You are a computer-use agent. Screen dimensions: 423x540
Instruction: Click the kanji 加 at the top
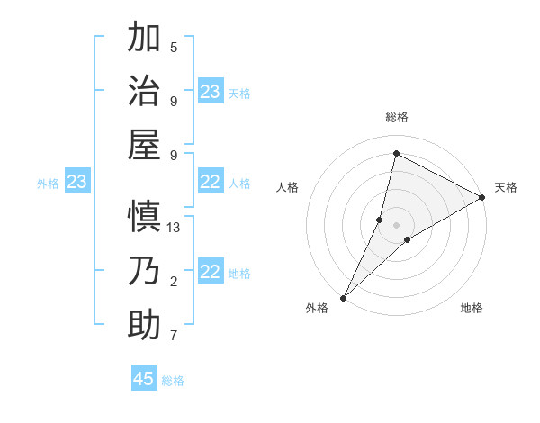click(145, 39)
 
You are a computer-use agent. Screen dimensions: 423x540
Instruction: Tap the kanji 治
click(145, 91)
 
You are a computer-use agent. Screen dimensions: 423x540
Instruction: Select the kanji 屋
click(145, 144)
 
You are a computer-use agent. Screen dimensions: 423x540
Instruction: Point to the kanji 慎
click(145, 218)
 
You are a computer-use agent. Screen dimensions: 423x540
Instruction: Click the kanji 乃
click(145, 271)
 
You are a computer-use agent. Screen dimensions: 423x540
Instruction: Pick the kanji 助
click(145, 325)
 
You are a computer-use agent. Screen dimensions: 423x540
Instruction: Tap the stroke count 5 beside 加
click(174, 47)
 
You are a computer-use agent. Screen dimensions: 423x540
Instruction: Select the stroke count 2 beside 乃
click(174, 282)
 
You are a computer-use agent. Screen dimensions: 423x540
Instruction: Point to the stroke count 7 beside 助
click(174, 336)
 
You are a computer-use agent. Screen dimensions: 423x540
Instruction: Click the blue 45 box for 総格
click(144, 379)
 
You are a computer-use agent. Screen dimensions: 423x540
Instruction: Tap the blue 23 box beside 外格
click(76, 183)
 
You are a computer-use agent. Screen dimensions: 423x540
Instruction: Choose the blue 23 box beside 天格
click(211, 92)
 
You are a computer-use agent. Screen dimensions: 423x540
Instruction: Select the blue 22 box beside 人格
click(211, 182)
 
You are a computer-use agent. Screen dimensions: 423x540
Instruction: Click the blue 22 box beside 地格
click(211, 272)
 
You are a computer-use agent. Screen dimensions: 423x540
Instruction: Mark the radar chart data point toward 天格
click(482, 197)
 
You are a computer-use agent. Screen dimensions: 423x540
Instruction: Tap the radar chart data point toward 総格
click(396, 153)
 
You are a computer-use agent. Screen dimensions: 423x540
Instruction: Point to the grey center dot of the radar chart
click(396, 225)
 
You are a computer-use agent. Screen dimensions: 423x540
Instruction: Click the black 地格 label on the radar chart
click(472, 308)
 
